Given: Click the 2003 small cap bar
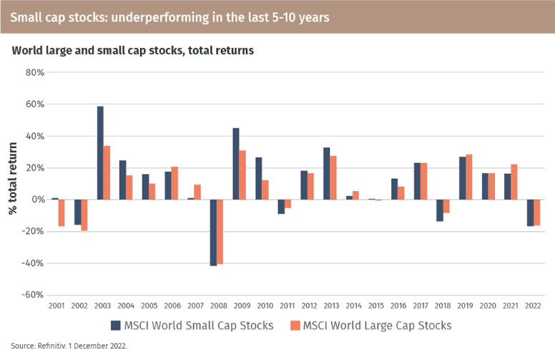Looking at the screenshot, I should [x=101, y=152].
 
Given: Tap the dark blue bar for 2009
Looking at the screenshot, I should [x=236, y=163].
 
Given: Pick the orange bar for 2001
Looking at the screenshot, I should [x=62, y=213].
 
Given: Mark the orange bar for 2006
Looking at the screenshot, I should [x=174, y=183].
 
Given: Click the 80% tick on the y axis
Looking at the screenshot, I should [x=35, y=72].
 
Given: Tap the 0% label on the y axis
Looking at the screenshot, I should [x=39, y=200].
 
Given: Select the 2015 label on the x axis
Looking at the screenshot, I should [x=375, y=306].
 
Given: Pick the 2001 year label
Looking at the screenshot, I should [x=57, y=306].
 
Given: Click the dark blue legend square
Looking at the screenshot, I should [x=115, y=326].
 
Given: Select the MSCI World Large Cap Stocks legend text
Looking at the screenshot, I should [x=377, y=326].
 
